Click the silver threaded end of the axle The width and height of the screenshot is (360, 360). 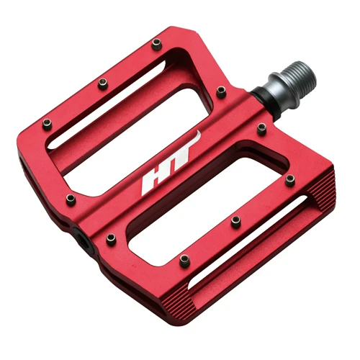tap(300, 75)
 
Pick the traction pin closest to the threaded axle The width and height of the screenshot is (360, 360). tap(221, 92)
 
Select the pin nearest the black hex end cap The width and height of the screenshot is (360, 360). tap(111, 239)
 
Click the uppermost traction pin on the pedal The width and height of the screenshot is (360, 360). tap(156, 45)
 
